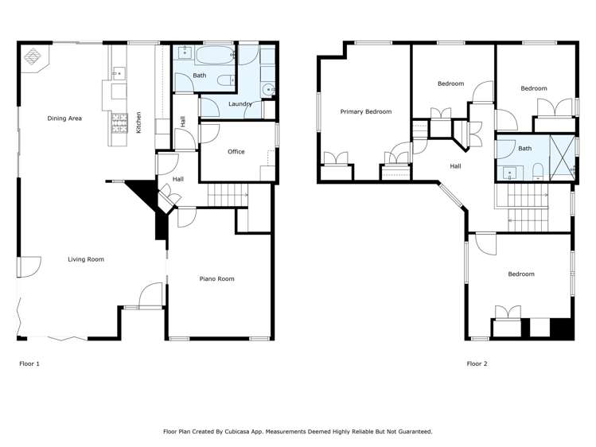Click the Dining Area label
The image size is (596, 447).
click(64, 119)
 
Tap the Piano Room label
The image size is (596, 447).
click(216, 278)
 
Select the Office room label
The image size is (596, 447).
click(236, 151)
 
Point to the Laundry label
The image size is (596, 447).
click(240, 104)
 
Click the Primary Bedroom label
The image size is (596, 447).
click(366, 111)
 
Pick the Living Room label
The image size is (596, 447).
click(85, 259)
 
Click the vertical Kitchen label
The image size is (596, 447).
click(138, 122)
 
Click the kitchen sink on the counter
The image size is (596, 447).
click(118, 73)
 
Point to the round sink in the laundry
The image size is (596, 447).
click(268, 89)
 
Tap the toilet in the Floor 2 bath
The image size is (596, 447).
click(538, 169)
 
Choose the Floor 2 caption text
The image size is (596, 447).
click(477, 363)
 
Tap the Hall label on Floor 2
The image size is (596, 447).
click(455, 166)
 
